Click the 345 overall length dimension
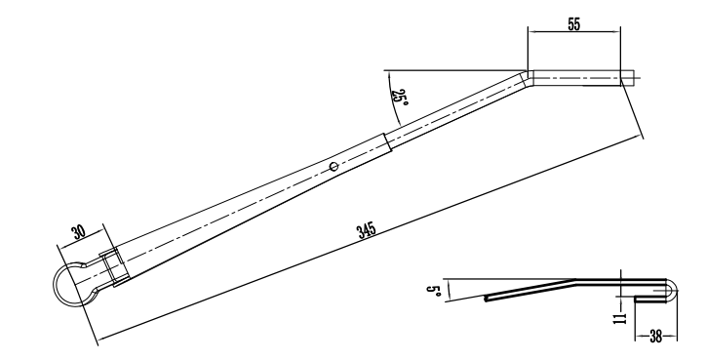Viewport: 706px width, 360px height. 367,230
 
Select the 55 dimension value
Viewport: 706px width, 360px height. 573,23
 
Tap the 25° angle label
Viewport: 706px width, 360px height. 399,98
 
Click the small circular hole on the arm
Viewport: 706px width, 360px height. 334,167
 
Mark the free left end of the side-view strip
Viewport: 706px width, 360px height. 486,300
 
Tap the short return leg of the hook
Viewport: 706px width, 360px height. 649,297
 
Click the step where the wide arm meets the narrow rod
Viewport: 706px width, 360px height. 391,141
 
